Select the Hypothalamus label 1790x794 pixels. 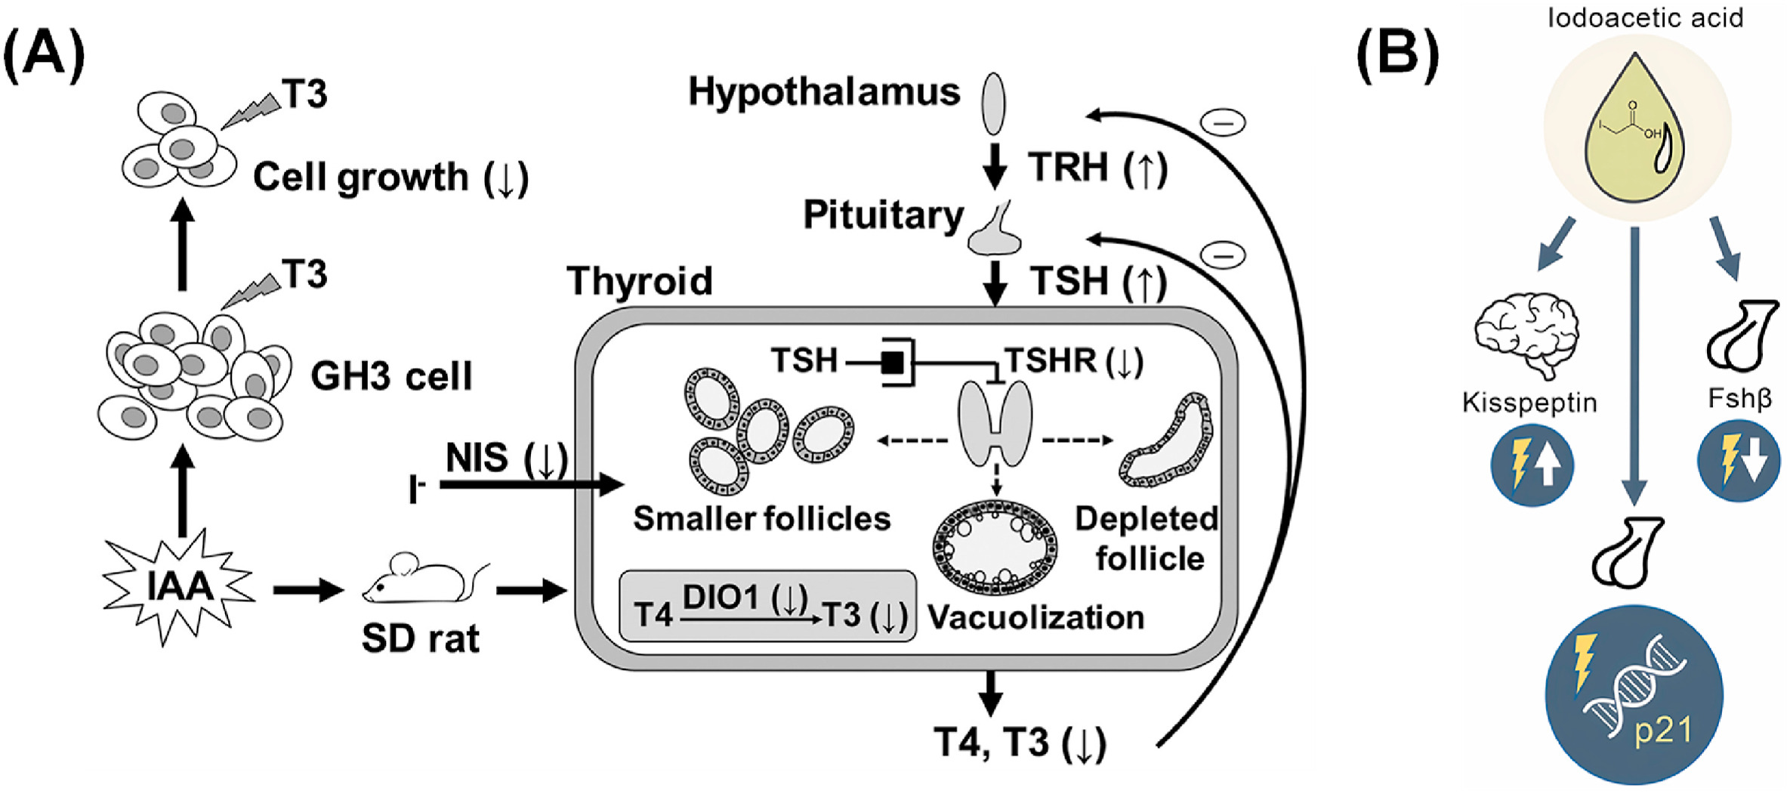824,92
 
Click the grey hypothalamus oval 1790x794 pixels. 993,103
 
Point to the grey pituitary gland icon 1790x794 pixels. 995,230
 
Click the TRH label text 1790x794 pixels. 1067,167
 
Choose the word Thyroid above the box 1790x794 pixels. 640,281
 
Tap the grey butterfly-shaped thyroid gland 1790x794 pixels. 995,424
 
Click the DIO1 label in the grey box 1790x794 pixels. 720,598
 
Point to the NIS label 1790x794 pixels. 477,458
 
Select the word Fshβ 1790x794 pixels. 1739,398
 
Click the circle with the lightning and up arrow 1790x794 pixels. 1532,465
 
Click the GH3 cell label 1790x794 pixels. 391,376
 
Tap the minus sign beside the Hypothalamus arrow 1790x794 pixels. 1223,122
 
